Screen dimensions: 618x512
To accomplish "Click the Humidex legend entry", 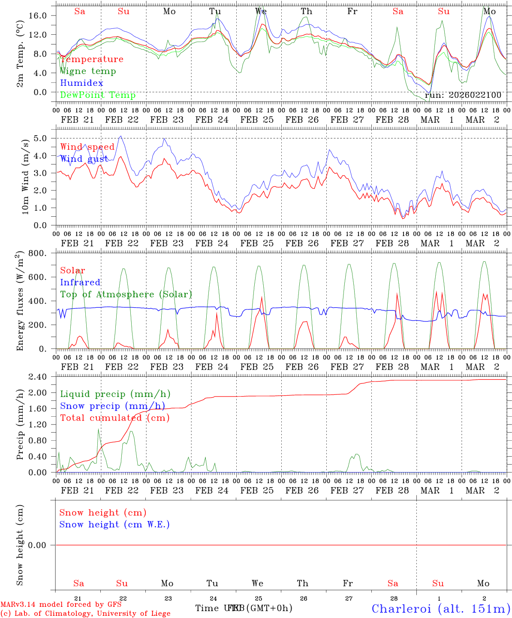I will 81,83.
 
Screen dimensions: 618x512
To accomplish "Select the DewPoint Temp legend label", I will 98,95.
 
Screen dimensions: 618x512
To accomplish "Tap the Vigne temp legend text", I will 88,71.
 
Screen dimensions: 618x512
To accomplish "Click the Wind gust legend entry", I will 84,159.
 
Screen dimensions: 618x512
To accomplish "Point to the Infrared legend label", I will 80,282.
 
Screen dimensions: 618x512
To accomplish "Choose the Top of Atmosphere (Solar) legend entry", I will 126,294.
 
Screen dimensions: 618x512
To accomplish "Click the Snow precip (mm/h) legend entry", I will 112,406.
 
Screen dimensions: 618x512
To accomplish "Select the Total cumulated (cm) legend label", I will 114,418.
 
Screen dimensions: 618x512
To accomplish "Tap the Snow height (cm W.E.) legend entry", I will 114,524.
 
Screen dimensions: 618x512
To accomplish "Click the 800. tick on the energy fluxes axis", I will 38,253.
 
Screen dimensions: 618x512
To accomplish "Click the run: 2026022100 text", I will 463,95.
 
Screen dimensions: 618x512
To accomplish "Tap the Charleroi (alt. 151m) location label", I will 441,609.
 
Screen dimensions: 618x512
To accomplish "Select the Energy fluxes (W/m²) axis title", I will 20,302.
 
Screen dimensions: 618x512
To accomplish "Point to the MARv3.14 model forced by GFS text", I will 61,604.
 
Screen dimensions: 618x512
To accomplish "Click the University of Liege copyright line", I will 85,614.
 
